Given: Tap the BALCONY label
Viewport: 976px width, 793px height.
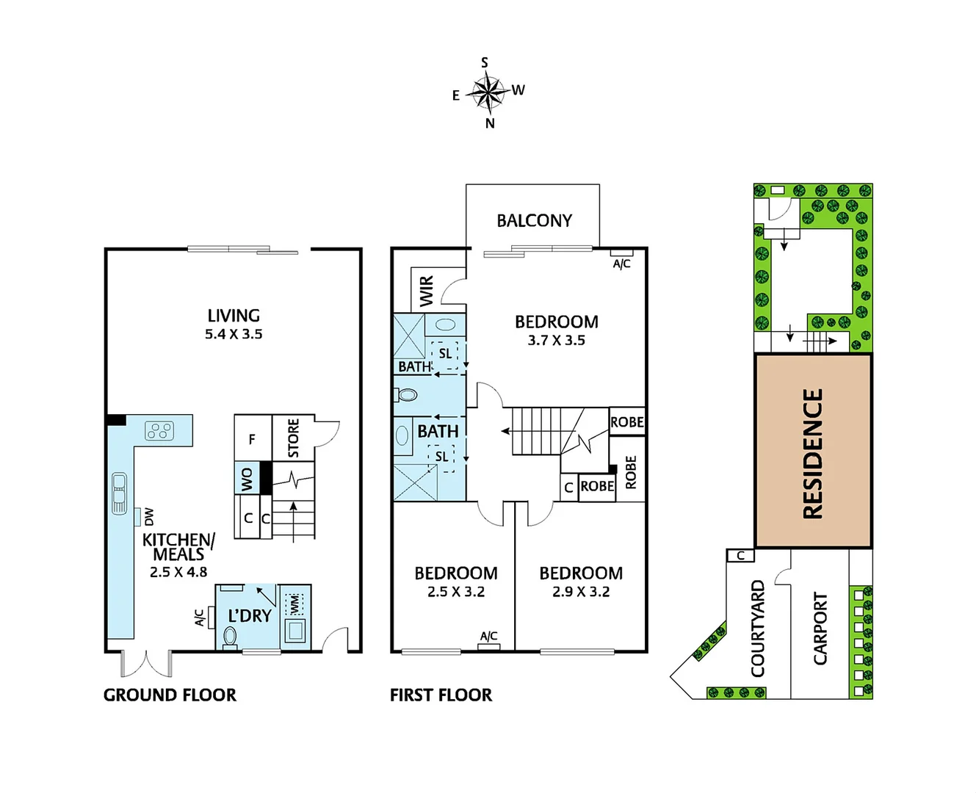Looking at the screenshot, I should pos(534,220).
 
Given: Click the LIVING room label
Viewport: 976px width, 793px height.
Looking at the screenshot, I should pos(234,316).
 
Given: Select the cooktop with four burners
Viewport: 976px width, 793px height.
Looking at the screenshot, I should pos(159,430).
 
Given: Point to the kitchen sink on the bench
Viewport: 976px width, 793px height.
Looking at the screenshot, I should pos(119,493).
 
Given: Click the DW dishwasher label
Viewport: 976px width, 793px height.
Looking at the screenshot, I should pos(149,516).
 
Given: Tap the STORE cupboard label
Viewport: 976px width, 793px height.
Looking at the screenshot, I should pos(293,438).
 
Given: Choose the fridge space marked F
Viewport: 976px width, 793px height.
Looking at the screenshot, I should pos(252,439).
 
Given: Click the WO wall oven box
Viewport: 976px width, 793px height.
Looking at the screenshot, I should pos(247,479).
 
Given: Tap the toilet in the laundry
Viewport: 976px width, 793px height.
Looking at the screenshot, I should pos(230,636).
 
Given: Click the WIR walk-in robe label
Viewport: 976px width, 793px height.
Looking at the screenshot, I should pos(427,290).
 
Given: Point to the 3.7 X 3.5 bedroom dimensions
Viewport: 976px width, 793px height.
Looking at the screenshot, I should pos(556,341).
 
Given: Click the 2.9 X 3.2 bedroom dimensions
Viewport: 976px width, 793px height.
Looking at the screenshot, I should pos(581,592).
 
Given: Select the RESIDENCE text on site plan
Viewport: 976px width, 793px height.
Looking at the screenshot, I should pos(813,453).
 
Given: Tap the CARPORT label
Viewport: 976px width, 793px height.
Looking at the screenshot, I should pos(820,629).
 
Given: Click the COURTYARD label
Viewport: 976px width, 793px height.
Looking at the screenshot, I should pos(758,629).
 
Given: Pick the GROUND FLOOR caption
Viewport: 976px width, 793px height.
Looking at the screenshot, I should pos(170,695).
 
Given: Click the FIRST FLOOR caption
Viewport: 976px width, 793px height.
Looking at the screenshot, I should pos(441,695).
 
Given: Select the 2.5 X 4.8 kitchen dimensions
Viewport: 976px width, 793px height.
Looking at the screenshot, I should pos(178,572).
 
